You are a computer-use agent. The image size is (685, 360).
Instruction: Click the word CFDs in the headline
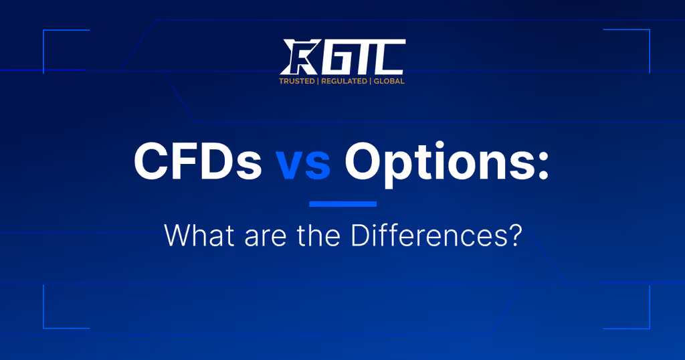point(197,161)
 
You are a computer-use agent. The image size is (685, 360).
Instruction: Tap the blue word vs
point(303,165)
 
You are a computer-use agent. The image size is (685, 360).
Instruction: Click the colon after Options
point(543,165)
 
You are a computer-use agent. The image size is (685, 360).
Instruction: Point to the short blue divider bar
point(343,204)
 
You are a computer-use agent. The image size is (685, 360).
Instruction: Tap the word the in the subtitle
point(318,236)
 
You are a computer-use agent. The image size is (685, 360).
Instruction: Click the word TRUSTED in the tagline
point(296,81)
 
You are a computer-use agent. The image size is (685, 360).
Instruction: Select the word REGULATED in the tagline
point(345,81)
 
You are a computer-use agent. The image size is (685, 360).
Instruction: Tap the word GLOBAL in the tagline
point(389,81)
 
